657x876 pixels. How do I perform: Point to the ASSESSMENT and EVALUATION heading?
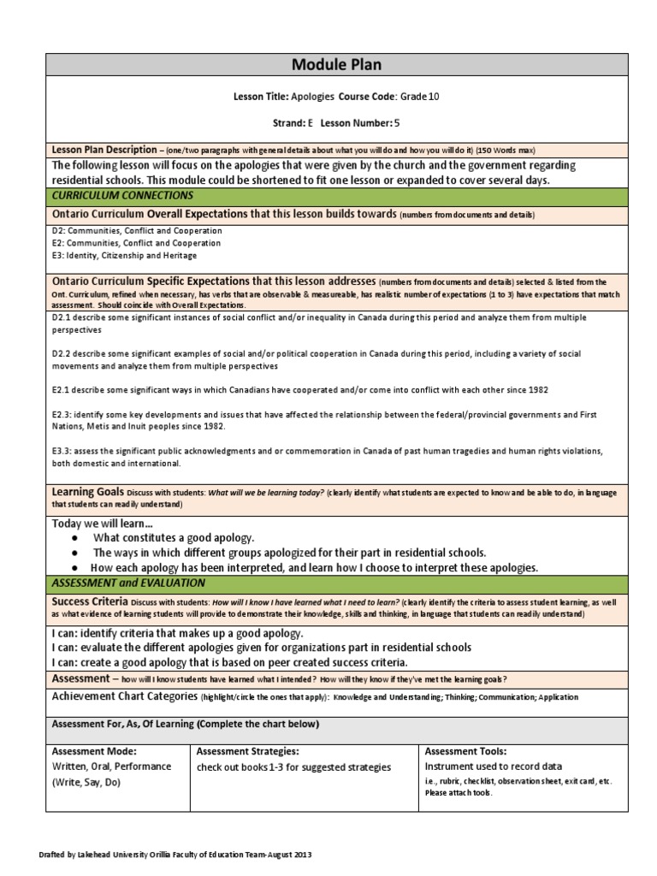click(128, 583)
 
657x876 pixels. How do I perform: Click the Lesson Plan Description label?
click(104, 149)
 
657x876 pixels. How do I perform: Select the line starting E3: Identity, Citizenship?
click(124, 256)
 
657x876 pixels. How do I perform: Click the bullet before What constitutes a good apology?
click(77, 537)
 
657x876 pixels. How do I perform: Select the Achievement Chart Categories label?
click(124, 698)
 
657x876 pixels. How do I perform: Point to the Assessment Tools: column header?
click(465, 751)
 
